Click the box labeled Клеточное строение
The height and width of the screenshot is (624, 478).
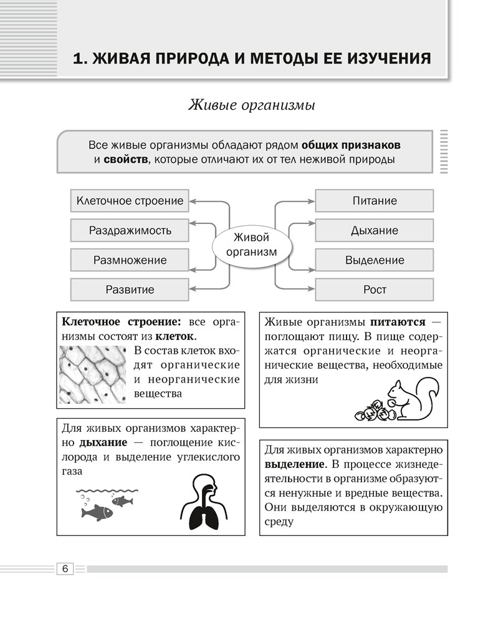(x=130, y=201)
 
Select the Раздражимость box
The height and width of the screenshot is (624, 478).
(x=130, y=230)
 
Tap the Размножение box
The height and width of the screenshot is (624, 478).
(x=130, y=260)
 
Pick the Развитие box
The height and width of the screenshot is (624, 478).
(x=130, y=290)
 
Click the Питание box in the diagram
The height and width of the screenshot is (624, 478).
(x=374, y=201)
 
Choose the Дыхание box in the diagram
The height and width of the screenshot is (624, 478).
(x=374, y=230)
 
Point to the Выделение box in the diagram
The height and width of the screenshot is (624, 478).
(x=374, y=260)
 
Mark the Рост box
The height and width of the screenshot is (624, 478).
(x=374, y=290)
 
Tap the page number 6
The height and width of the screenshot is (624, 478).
(x=65, y=568)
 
